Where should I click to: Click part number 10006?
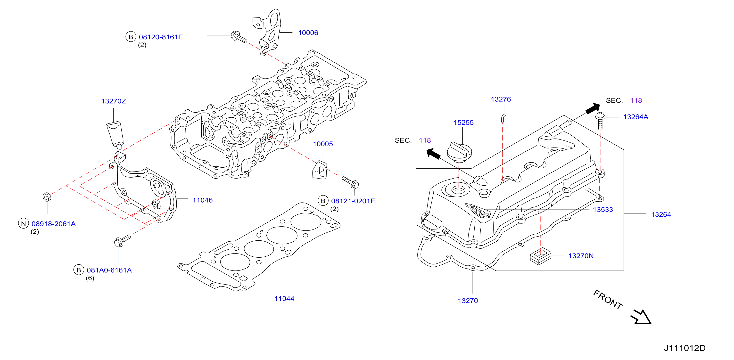coord(308,33)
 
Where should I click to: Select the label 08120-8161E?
coord(161,37)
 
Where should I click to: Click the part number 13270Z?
coord(113,101)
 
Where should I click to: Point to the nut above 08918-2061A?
coord(47,197)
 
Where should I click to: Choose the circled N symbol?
coord(24,224)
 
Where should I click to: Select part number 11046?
coord(203,200)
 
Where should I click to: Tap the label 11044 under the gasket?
coord(284,298)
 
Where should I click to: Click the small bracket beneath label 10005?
coord(320,170)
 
